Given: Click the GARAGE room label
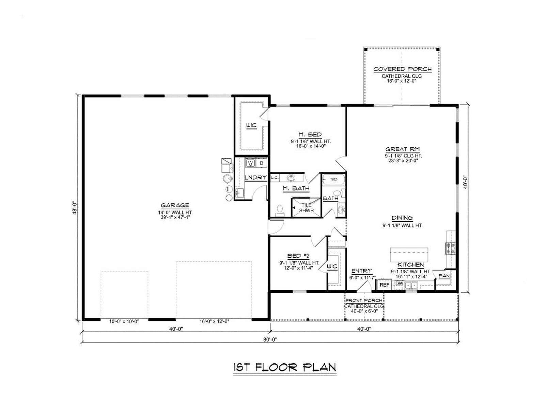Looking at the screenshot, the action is point(175,206).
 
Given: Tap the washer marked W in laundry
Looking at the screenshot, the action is point(250,163).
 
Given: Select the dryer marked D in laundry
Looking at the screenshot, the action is point(261,163).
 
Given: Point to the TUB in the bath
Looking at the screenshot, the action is point(333,179).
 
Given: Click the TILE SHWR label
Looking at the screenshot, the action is point(306,208).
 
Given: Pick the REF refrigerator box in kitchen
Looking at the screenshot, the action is point(384,285).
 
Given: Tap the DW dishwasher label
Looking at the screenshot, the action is point(399,283).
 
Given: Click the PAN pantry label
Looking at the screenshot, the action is point(444,276).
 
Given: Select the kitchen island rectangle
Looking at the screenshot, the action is point(409,255).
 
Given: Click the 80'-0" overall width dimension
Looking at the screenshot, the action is point(270,340).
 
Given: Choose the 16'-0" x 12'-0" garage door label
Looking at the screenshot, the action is point(214,321).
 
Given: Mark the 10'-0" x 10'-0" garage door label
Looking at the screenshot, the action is point(124,321).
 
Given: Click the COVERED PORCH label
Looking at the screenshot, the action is point(403,69).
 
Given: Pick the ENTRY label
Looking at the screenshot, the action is point(362,271).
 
